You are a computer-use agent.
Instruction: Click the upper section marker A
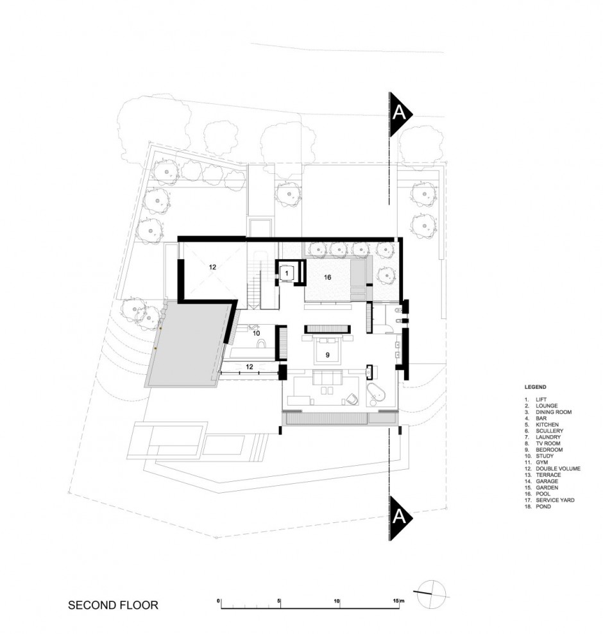[x=398, y=114]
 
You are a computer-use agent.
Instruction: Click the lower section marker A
[x=398, y=516]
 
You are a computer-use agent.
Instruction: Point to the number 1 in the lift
[x=287, y=273]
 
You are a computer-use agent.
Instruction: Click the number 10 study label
[x=255, y=333]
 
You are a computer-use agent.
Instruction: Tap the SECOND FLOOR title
[x=113, y=604]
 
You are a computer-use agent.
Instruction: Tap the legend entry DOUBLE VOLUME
[x=555, y=468]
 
